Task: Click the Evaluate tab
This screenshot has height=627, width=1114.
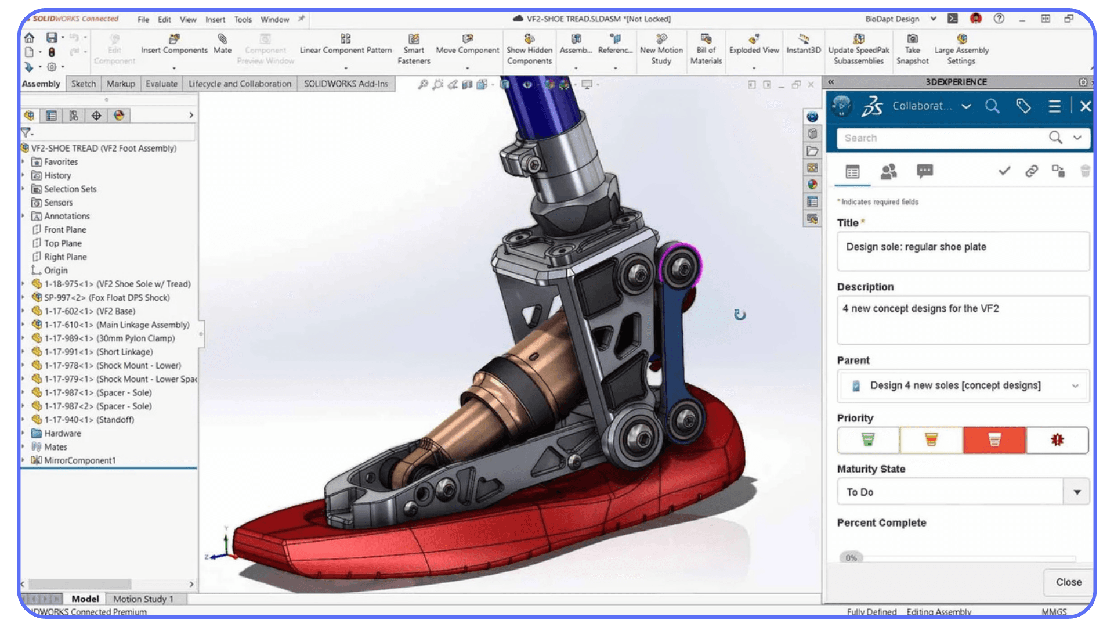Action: pyautogui.click(x=161, y=84)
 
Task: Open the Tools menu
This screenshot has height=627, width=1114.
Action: pyautogui.click(x=243, y=19)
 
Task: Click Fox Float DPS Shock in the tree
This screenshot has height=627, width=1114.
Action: pyautogui.click(x=129, y=297)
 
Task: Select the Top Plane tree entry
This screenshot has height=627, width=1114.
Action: pyautogui.click(x=63, y=243)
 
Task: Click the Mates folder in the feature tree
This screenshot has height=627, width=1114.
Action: pyautogui.click(x=55, y=446)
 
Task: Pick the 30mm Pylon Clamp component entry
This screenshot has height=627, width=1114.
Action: pyautogui.click(x=135, y=338)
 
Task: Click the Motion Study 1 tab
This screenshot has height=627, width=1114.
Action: pyautogui.click(x=143, y=599)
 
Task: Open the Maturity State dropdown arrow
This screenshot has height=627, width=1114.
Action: pyautogui.click(x=1077, y=492)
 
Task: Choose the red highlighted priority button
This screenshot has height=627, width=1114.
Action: pyautogui.click(x=994, y=439)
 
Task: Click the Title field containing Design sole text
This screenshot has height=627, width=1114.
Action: pyautogui.click(x=963, y=251)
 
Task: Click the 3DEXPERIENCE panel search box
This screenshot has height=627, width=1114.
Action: pyautogui.click(x=943, y=138)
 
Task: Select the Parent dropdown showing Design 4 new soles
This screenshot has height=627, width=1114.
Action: pyautogui.click(x=963, y=385)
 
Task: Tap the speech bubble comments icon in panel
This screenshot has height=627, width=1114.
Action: pyautogui.click(x=925, y=171)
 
